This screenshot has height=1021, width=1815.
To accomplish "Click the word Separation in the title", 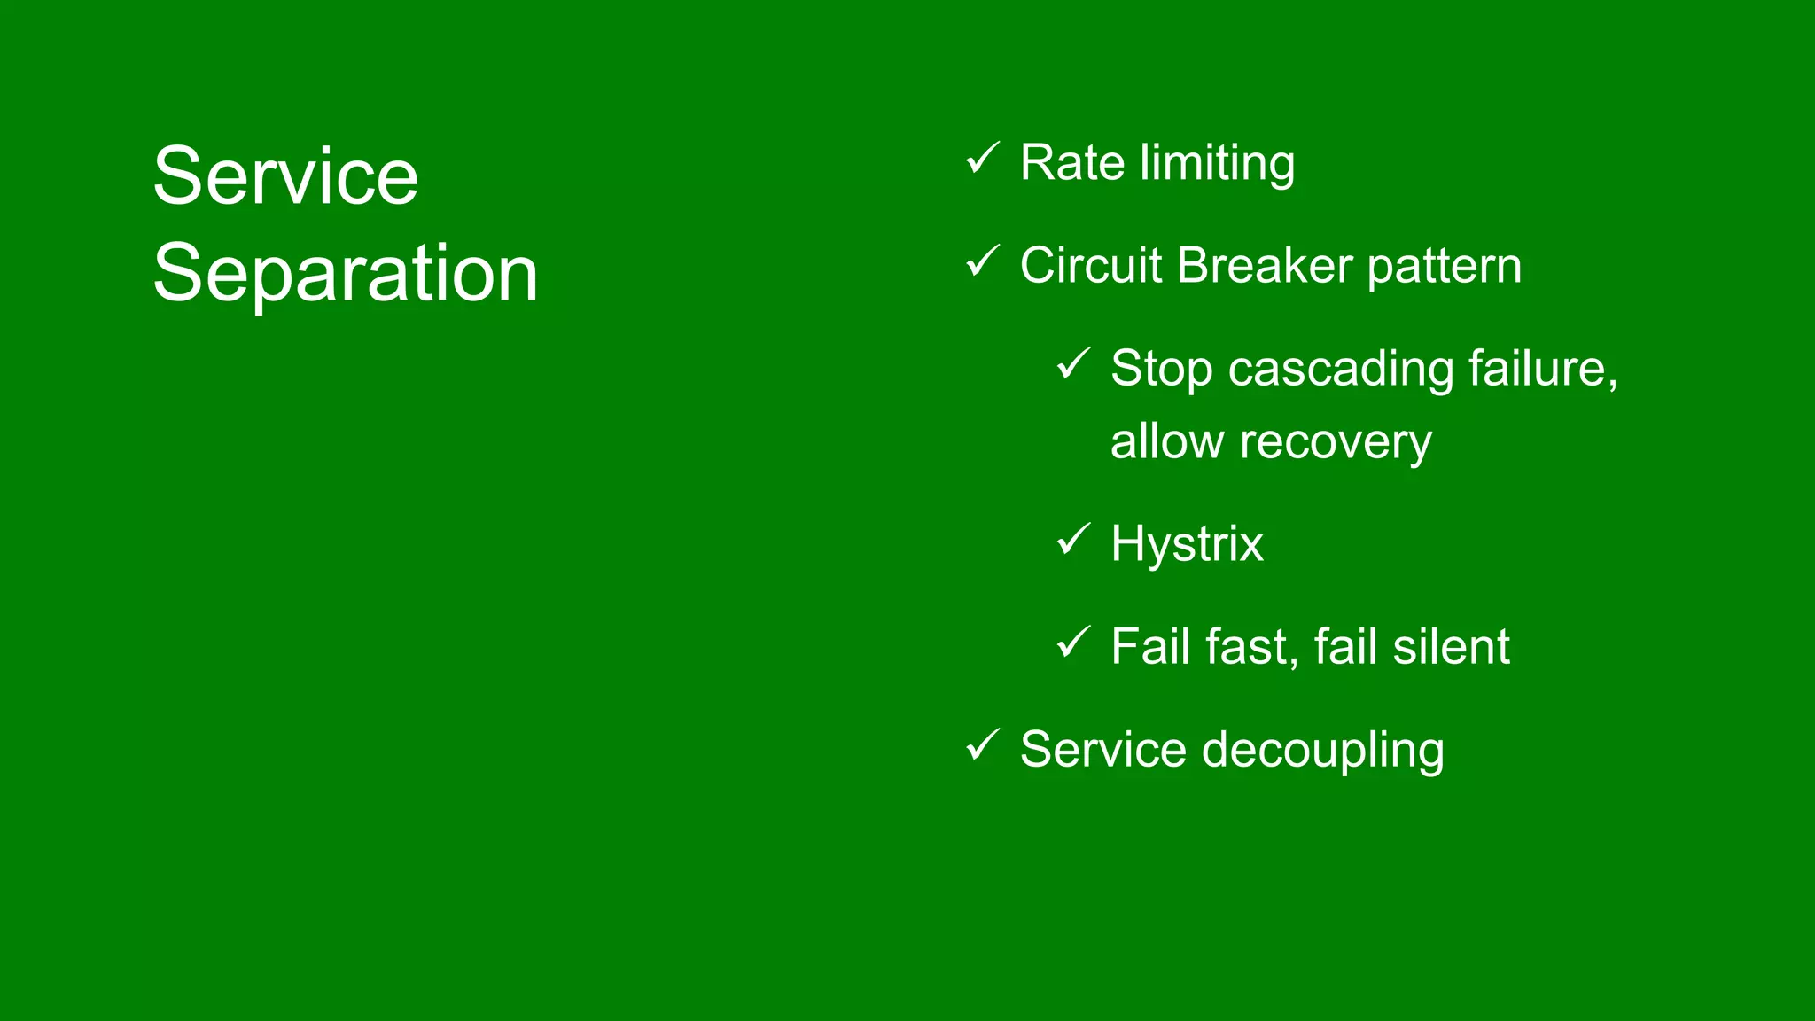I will [x=345, y=273].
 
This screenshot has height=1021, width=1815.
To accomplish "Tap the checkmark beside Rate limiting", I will [x=982, y=159].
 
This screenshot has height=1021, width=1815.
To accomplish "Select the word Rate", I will [x=1072, y=163].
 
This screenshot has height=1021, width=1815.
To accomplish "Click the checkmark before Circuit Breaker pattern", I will [x=982, y=261].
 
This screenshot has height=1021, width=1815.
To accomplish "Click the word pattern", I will [x=1444, y=268].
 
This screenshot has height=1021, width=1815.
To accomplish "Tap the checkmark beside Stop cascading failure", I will [x=1073, y=364].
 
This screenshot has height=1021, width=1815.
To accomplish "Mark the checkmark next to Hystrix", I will [x=1073, y=540].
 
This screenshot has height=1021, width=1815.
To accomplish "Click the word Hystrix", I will [x=1187, y=544].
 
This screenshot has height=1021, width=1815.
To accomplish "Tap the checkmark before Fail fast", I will [x=1073, y=643].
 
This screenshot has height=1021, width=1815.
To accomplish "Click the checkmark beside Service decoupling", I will [x=982, y=745].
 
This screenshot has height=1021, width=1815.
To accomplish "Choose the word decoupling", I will [x=1322, y=751].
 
